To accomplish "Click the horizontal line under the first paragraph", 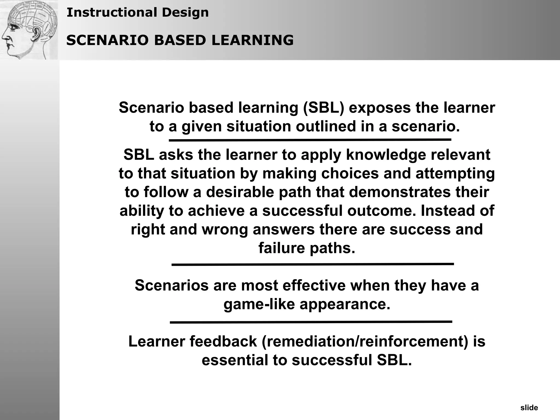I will tap(310, 140).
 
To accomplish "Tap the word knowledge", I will tap(386, 154).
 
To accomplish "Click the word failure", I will tap(282, 248).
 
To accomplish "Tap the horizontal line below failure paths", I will tap(313, 264).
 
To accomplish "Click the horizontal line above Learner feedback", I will tap(311, 322).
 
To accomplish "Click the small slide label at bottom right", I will tap(529, 408).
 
